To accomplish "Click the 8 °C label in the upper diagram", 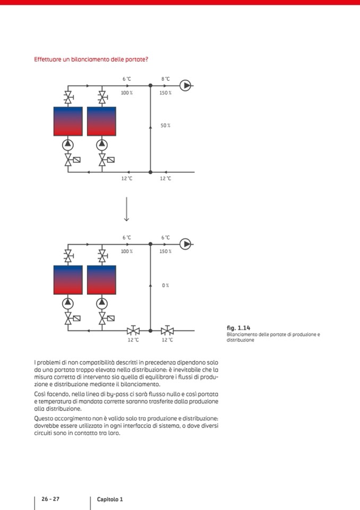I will (x=165, y=79).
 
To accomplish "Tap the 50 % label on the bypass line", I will (x=165, y=126).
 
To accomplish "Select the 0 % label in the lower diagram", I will (x=165, y=285).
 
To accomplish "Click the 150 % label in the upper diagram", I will (x=165, y=93).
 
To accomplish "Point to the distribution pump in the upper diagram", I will (x=185, y=85).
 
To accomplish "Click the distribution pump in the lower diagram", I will (x=185, y=244).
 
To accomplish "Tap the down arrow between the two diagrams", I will (x=127, y=208).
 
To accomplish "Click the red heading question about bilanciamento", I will (x=91, y=59).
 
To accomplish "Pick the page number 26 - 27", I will (x=51, y=499).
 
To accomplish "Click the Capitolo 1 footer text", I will (x=110, y=499).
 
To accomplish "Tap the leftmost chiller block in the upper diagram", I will (x=68, y=121).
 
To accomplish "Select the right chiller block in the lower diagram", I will (x=101, y=280).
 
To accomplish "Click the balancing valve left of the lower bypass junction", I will (x=133, y=330).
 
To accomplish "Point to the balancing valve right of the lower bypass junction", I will (x=167, y=330).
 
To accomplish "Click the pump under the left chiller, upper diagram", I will (x=68, y=144).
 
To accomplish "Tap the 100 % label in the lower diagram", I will (x=126, y=251).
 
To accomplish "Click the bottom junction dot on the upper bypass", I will (x=150, y=172).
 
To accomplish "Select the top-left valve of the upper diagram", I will (x=68, y=97).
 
